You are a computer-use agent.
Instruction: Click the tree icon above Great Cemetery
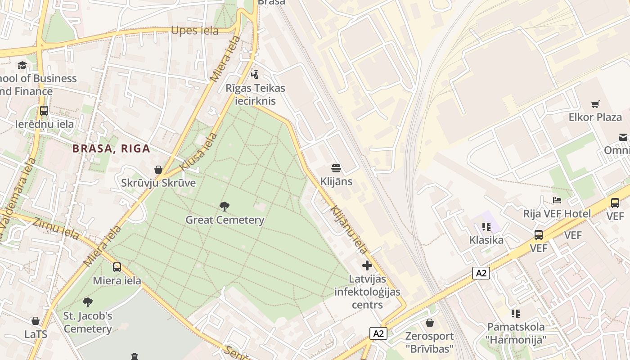(224, 207)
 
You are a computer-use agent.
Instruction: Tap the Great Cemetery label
(225, 220)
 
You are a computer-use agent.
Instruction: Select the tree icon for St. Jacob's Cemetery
(88, 302)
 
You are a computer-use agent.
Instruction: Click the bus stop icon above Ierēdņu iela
(44, 111)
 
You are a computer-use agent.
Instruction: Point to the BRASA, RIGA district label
(111, 148)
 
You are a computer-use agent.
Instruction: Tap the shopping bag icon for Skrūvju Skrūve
(158, 170)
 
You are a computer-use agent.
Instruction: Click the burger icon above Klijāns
(336, 168)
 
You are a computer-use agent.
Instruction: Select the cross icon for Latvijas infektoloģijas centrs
(367, 265)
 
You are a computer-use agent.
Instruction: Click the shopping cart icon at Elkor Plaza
(595, 104)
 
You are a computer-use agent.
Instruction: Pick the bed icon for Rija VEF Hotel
(557, 200)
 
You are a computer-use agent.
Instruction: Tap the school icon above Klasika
(486, 226)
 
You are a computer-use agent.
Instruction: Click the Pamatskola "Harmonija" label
(516, 333)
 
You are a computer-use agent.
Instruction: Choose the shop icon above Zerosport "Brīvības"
(430, 323)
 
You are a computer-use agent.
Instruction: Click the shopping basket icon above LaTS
(36, 321)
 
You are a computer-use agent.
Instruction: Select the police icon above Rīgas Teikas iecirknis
(255, 74)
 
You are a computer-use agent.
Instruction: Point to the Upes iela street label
(194, 31)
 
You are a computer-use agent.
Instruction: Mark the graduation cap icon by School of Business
(22, 66)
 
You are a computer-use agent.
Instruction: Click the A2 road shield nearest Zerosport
(378, 333)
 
